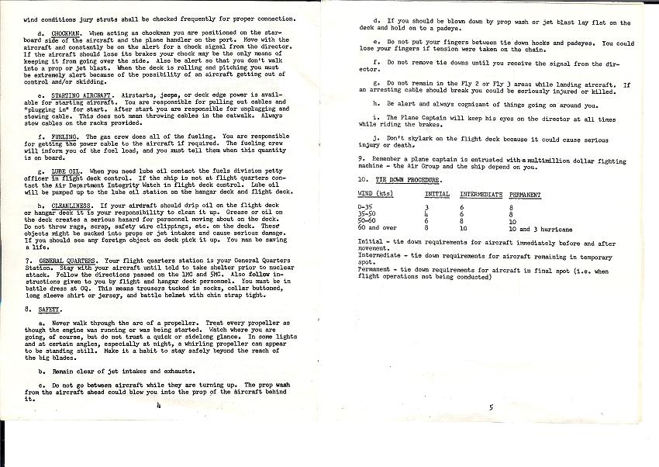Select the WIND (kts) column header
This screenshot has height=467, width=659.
374,194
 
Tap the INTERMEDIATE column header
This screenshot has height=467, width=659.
481,194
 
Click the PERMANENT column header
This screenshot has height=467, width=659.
525,194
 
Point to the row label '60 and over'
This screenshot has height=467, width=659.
376,229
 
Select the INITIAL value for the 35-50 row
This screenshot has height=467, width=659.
428,216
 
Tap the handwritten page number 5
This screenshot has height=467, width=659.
491,406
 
